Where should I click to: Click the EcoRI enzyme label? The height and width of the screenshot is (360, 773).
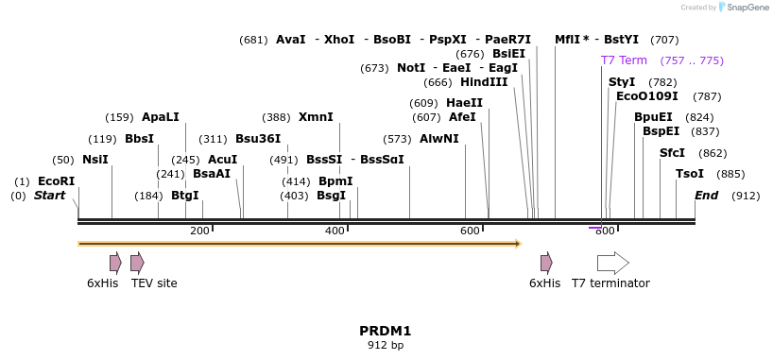click(x=56, y=181)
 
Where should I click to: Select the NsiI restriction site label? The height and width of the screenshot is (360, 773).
click(x=95, y=160)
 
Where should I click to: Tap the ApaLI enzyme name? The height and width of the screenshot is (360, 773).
click(x=160, y=117)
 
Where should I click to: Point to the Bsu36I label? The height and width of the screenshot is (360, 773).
click(x=257, y=139)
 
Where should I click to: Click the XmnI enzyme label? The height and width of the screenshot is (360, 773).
click(x=316, y=117)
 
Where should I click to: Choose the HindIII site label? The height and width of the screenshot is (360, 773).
click(x=484, y=82)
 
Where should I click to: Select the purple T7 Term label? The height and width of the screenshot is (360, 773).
click(x=624, y=60)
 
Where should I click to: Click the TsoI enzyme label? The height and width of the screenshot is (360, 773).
click(x=690, y=174)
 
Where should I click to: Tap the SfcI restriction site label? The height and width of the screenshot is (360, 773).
click(x=672, y=153)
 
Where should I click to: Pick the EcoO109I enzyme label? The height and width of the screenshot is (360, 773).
click(x=646, y=96)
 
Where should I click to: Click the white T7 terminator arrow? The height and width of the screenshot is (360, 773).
click(x=612, y=263)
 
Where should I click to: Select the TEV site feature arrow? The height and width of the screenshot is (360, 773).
click(x=137, y=263)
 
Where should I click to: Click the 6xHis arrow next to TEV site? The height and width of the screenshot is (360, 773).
click(x=115, y=263)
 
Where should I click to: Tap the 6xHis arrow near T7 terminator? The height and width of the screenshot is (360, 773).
click(x=546, y=263)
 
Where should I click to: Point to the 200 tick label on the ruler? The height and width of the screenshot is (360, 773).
click(x=199, y=231)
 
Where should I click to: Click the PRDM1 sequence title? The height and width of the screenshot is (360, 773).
click(x=385, y=331)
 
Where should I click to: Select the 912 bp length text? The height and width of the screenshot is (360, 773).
click(x=385, y=346)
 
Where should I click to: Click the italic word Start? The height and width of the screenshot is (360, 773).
click(x=50, y=196)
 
